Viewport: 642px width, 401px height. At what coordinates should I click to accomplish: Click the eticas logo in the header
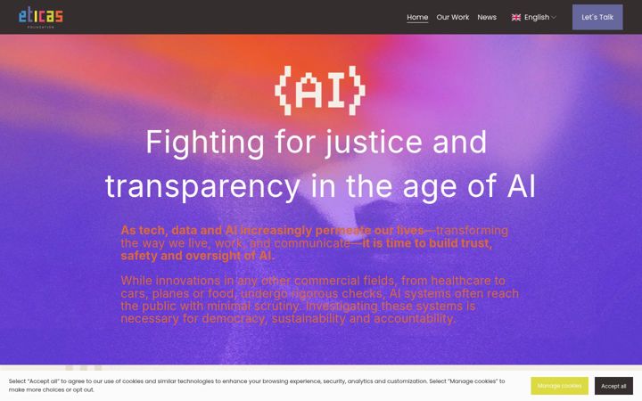(x=40, y=17)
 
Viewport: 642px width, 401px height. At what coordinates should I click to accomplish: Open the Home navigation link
(x=417, y=17)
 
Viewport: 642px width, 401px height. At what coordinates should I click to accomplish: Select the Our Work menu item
(x=452, y=17)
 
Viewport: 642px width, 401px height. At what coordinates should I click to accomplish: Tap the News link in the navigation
(x=487, y=17)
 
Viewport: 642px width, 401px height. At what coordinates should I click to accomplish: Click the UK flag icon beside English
(x=516, y=17)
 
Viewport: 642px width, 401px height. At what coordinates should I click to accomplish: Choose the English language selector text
(x=537, y=17)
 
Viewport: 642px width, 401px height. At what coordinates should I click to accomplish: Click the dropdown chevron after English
(x=554, y=17)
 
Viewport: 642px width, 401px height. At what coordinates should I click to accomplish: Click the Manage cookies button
(x=559, y=386)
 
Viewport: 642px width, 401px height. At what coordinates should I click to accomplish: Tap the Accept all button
(x=613, y=386)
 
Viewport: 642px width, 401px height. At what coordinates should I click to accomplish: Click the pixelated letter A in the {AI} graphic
(x=311, y=90)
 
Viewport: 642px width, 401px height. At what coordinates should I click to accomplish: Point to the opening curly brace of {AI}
(x=284, y=90)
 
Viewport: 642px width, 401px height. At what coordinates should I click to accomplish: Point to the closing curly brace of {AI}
(x=356, y=90)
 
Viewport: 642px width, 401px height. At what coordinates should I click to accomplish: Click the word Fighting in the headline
(x=205, y=143)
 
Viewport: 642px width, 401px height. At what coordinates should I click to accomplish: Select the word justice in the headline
(x=373, y=143)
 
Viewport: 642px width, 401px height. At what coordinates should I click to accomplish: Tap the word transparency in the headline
(x=202, y=187)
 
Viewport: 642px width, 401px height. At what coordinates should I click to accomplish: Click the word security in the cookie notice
(x=334, y=381)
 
